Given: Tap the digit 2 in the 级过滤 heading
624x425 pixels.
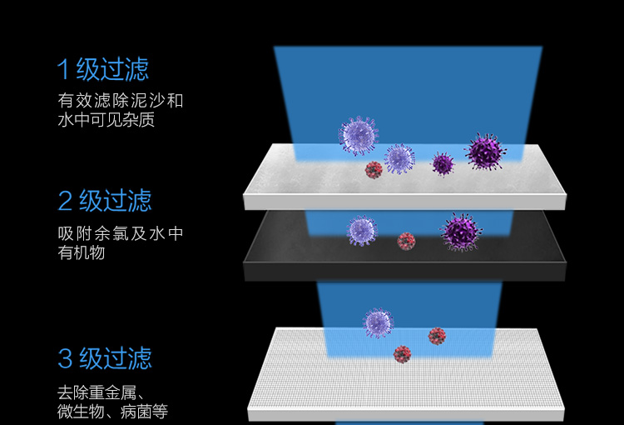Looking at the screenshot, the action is [x=65, y=201].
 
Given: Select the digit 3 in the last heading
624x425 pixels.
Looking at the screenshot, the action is [x=65, y=358].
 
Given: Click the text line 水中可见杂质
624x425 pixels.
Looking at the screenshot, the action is [x=106, y=120].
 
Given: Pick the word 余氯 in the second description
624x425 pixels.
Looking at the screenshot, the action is [x=111, y=233].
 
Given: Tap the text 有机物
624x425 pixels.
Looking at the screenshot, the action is [x=82, y=252].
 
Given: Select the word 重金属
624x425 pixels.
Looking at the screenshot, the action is [x=112, y=392].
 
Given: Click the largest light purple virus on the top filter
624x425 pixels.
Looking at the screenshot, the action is [x=358, y=136].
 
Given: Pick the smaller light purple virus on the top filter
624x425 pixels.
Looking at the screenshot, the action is [x=399, y=158].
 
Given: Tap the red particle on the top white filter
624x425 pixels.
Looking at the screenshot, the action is [x=374, y=170].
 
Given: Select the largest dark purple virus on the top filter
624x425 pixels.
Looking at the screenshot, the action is [x=485, y=152].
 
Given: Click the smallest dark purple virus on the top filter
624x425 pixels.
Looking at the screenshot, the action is [x=443, y=163].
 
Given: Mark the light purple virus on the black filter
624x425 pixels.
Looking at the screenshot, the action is [x=362, y=231].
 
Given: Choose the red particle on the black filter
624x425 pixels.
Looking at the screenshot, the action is [x=406, y=241].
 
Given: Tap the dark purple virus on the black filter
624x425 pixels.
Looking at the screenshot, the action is [x=461, y=232].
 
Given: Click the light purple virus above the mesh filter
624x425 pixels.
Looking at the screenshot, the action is [x=378, y=323].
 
